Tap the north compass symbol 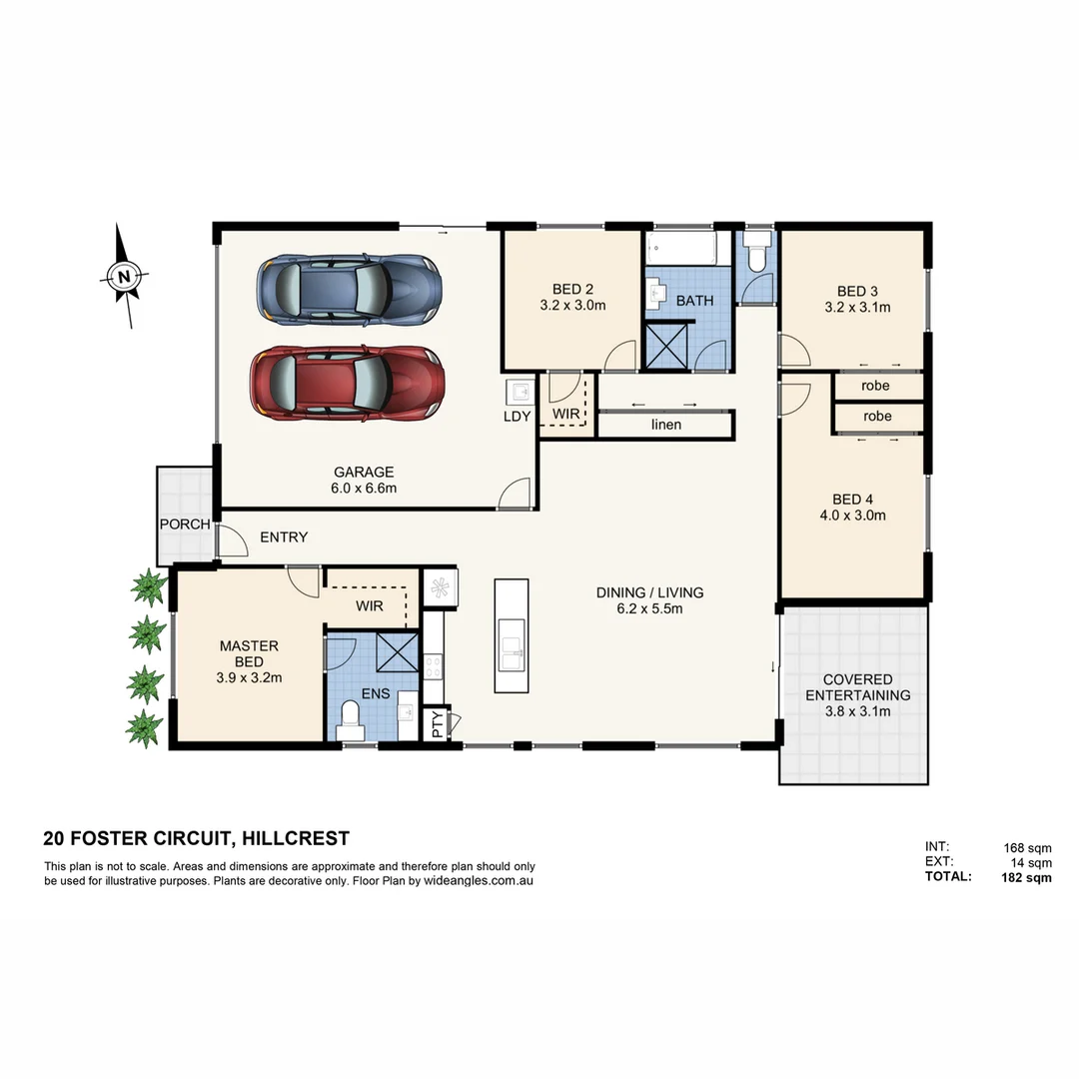tap(124, 276)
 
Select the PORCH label tap(184, 525)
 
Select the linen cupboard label tap(665, 425)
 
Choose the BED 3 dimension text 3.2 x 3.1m tap(856, 308)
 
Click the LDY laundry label tap(517, 417)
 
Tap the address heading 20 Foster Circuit tap(196, 838)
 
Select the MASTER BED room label tap(249, 653)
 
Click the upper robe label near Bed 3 tap(876, 386)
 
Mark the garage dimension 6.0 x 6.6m tap(364, 489)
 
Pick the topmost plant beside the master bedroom tap(149, 587)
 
